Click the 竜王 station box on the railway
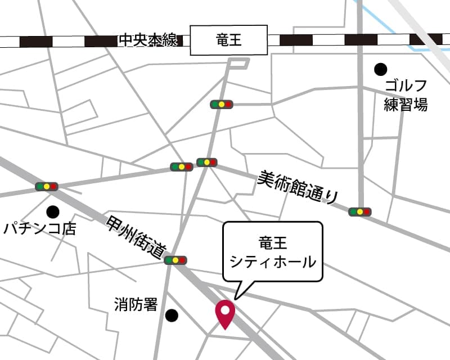[x=228, y=40]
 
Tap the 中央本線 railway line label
[x=148, y=40]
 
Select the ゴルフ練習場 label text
[x=406, y=95]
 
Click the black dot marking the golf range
[x=381, y=69]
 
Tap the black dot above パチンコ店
[x=53, y=212]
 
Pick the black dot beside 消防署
[x=172, y=316]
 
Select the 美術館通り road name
[x=299, y=187]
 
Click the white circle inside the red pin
[x=226, y=309]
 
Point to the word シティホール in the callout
[x=273, y=262]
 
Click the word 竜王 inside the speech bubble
[x=273, y=244]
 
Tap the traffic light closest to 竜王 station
[x=222, y=104]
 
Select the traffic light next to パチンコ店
[x=47, y=186]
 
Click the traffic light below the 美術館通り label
[x=360, y=212]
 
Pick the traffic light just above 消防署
[x=175, y=260]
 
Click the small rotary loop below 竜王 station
[x=239, y=64]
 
